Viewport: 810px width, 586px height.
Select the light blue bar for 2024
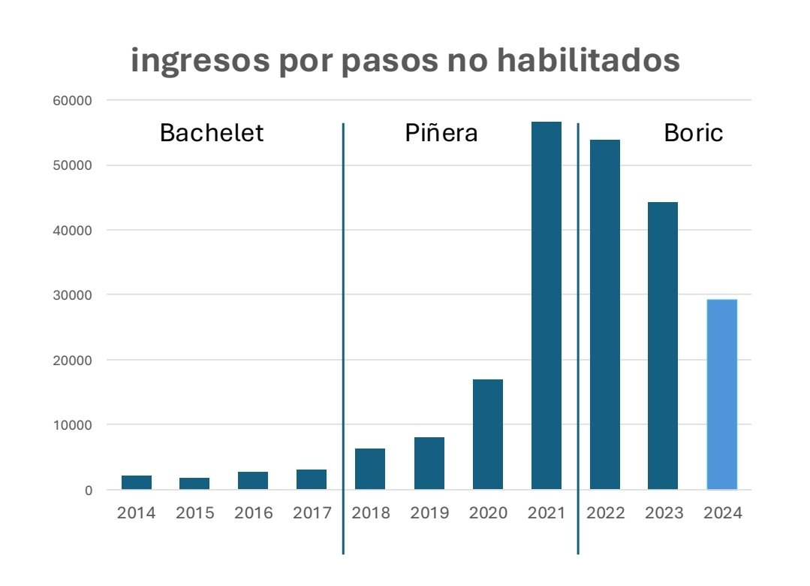(722, 394)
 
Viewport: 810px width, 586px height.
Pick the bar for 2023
(663, 346)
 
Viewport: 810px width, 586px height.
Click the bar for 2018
(370, 469)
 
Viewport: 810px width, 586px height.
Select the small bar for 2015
(194, 483)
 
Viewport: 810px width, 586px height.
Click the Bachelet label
(212, 133)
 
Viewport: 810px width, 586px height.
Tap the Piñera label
(441, 133)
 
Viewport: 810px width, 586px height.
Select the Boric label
(693, 133)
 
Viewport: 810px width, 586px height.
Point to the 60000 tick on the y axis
(74, 101)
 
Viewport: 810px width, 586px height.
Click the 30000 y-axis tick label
(74, 295)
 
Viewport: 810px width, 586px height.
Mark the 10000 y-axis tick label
(74, 425)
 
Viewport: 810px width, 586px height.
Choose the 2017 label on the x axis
(312, 513)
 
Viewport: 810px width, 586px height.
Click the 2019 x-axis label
(429, 513)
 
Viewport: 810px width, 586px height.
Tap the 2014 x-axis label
(136, 513)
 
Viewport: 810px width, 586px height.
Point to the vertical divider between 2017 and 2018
(343, 338)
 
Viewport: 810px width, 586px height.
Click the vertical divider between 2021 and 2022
(578, 338)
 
